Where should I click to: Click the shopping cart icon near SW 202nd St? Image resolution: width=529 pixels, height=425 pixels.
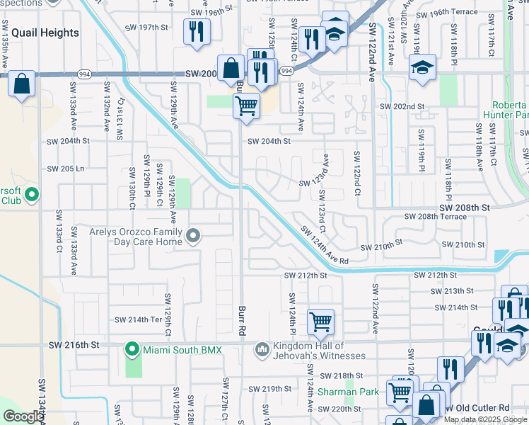click(x=245, y=106)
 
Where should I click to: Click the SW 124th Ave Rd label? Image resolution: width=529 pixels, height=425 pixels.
click(x=325, y=245)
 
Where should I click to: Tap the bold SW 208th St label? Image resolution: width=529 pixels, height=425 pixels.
click(x=464, y=208)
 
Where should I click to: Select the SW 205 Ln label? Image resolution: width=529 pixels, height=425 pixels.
click(x=65, y=169)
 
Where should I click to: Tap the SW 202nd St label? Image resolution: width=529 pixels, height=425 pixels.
click(x=401, y=106)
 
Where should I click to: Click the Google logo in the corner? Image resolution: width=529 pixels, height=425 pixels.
click(x=23, y=416)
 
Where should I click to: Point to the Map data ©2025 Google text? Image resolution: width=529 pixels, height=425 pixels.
click(x=486, y=419)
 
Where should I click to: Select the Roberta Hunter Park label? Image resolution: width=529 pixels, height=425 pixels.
click(x=506, y=108)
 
